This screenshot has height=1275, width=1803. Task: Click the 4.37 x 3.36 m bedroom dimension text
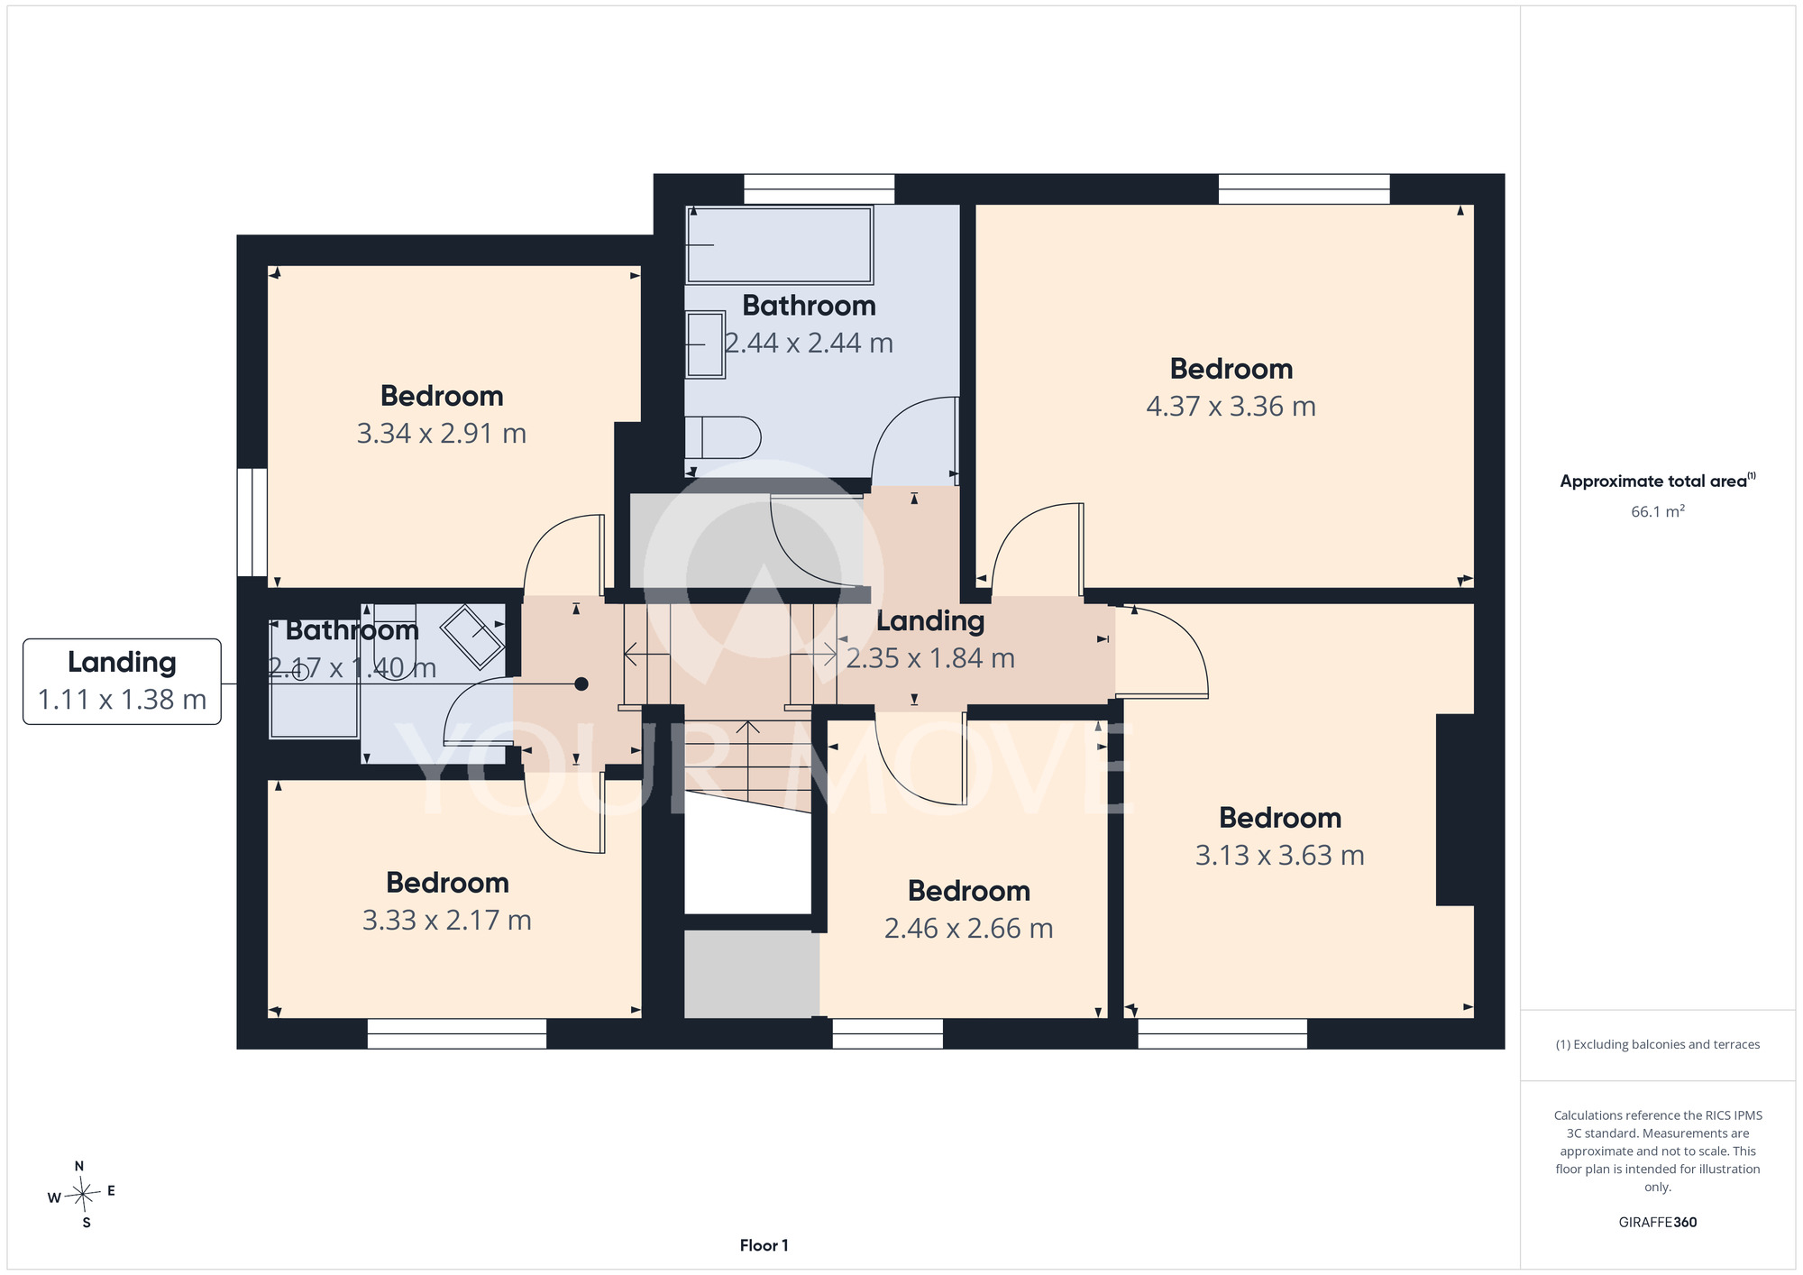click(x=1231, y=407)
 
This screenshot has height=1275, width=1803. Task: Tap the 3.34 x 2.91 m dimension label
click(x=442, y=434)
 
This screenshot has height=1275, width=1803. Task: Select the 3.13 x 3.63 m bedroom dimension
click(x=1280, y=855)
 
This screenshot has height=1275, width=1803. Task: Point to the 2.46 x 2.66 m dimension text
click(x=969, y=929)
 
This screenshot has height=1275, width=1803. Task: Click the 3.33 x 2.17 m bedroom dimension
click(x=447, y=921)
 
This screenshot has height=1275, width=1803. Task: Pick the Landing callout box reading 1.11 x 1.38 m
click(x=123, y=682)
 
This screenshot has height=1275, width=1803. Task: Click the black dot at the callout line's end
click(x=581, y=684)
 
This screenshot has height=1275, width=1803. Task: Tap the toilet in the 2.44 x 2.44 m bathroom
click(x=723, y=437)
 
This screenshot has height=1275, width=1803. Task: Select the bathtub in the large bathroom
click(x=780, y=245)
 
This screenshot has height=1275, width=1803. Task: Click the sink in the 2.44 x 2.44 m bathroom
click(x=706, y=344)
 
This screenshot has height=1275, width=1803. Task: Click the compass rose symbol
click(x=81, y=1195)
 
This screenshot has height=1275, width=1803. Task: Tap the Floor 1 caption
click(x=764, y=1246)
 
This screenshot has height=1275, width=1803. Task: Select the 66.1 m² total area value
click(x=1658, y=511)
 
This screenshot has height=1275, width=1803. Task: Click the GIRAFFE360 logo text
click(x=1658, y=1223)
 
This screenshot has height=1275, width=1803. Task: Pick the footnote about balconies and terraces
click(x=1658, y=1045)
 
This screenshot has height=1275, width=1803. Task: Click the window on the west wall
click(x=252, y=522)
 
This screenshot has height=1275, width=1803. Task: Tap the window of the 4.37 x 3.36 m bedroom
click(x=1304, y=189)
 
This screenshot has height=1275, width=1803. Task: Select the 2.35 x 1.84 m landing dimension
click(x=930, y=659)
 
